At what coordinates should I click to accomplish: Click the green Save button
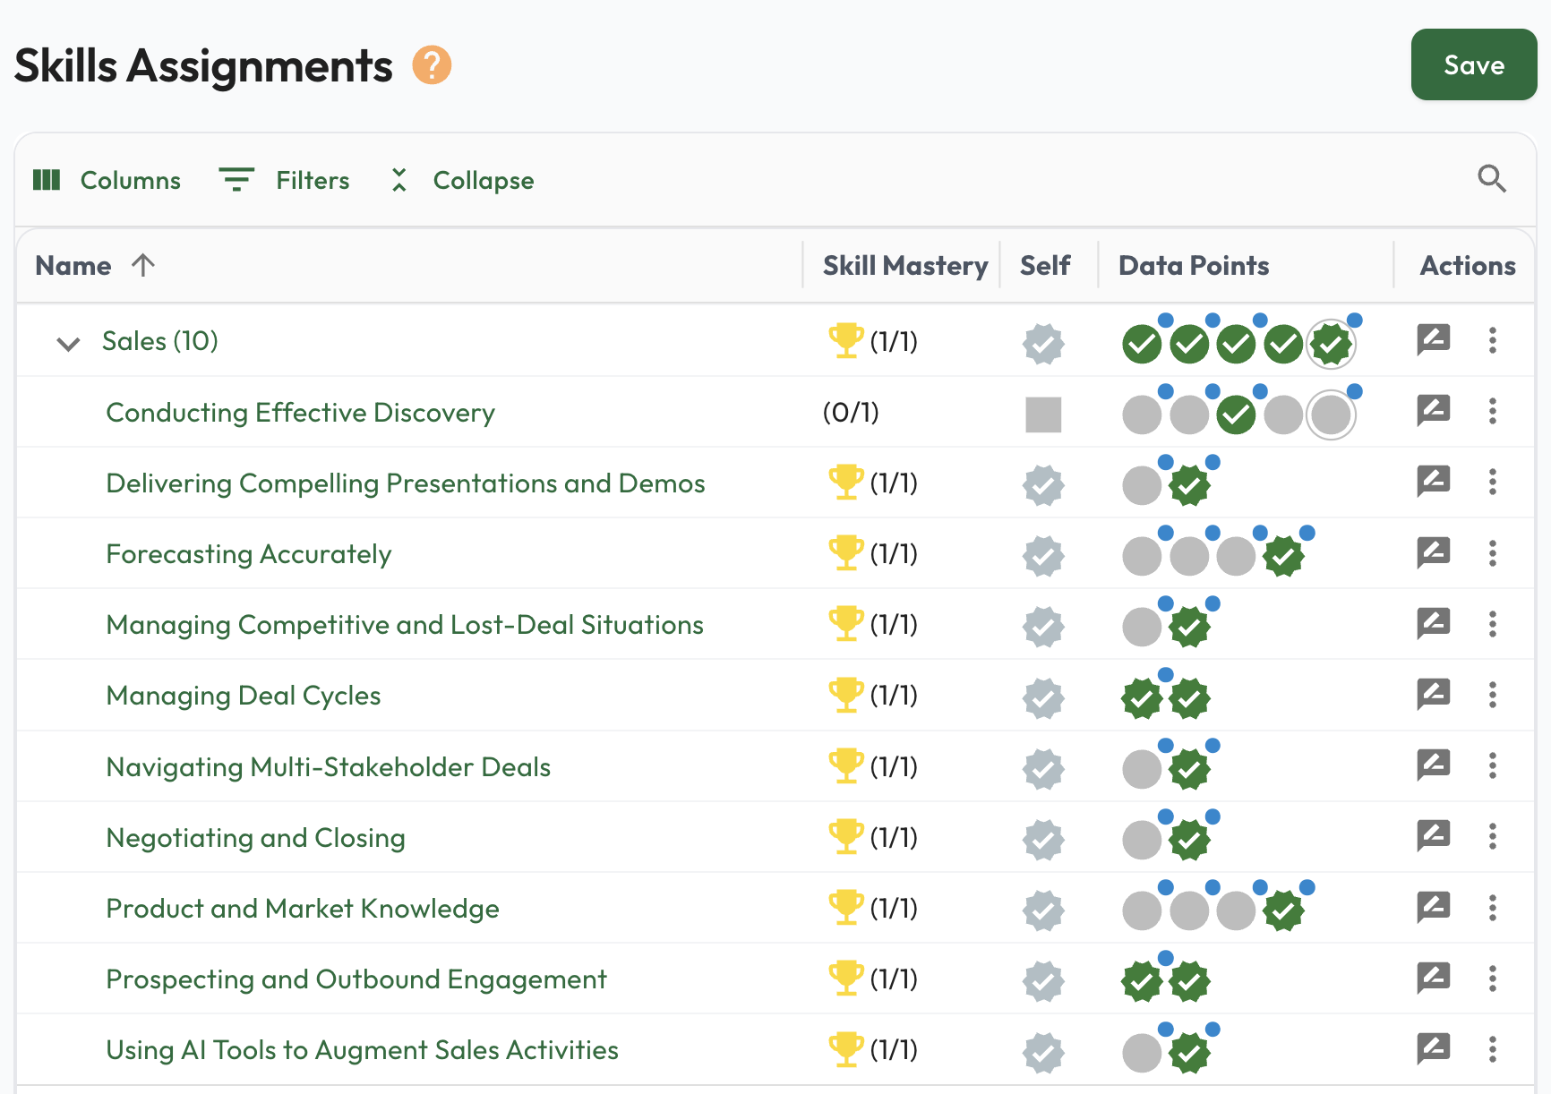click(x=1473, y=64)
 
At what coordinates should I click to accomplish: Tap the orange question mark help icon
click(x=432, y=65)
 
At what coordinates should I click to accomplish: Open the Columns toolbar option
click(x=107, y=180)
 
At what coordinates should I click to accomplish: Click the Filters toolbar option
click(x=285, y=180)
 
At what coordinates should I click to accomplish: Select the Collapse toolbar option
click(x=462, y=180)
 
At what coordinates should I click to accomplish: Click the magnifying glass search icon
click(x=1491, y=179)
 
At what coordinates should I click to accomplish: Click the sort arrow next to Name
click(x=143, y=265)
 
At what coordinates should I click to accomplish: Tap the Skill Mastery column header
click(x=904, y=266)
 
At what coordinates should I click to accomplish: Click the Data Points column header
click(x=1193, y=266)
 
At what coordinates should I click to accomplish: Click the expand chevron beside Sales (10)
click(x=68, y=343)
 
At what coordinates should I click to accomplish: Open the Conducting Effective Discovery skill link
click(x=300, y=413)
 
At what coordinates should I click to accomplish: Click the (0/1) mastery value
click(x=851, y=413)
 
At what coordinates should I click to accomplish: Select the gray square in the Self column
click(x=1043, y=415)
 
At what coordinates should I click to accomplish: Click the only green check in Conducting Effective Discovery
click(x=1236, y=415)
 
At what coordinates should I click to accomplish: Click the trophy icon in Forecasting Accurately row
click(x=845, y=552)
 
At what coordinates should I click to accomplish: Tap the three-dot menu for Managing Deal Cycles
click(x=1492, y=695)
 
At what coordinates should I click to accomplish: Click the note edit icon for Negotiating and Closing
click(x=1433, y=835)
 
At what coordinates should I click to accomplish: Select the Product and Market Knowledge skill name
click(x=303, y=909)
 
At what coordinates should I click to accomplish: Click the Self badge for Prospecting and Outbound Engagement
click(x=1043, y=981)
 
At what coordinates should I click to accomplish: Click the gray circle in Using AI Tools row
click(x=1142, y=1053)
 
